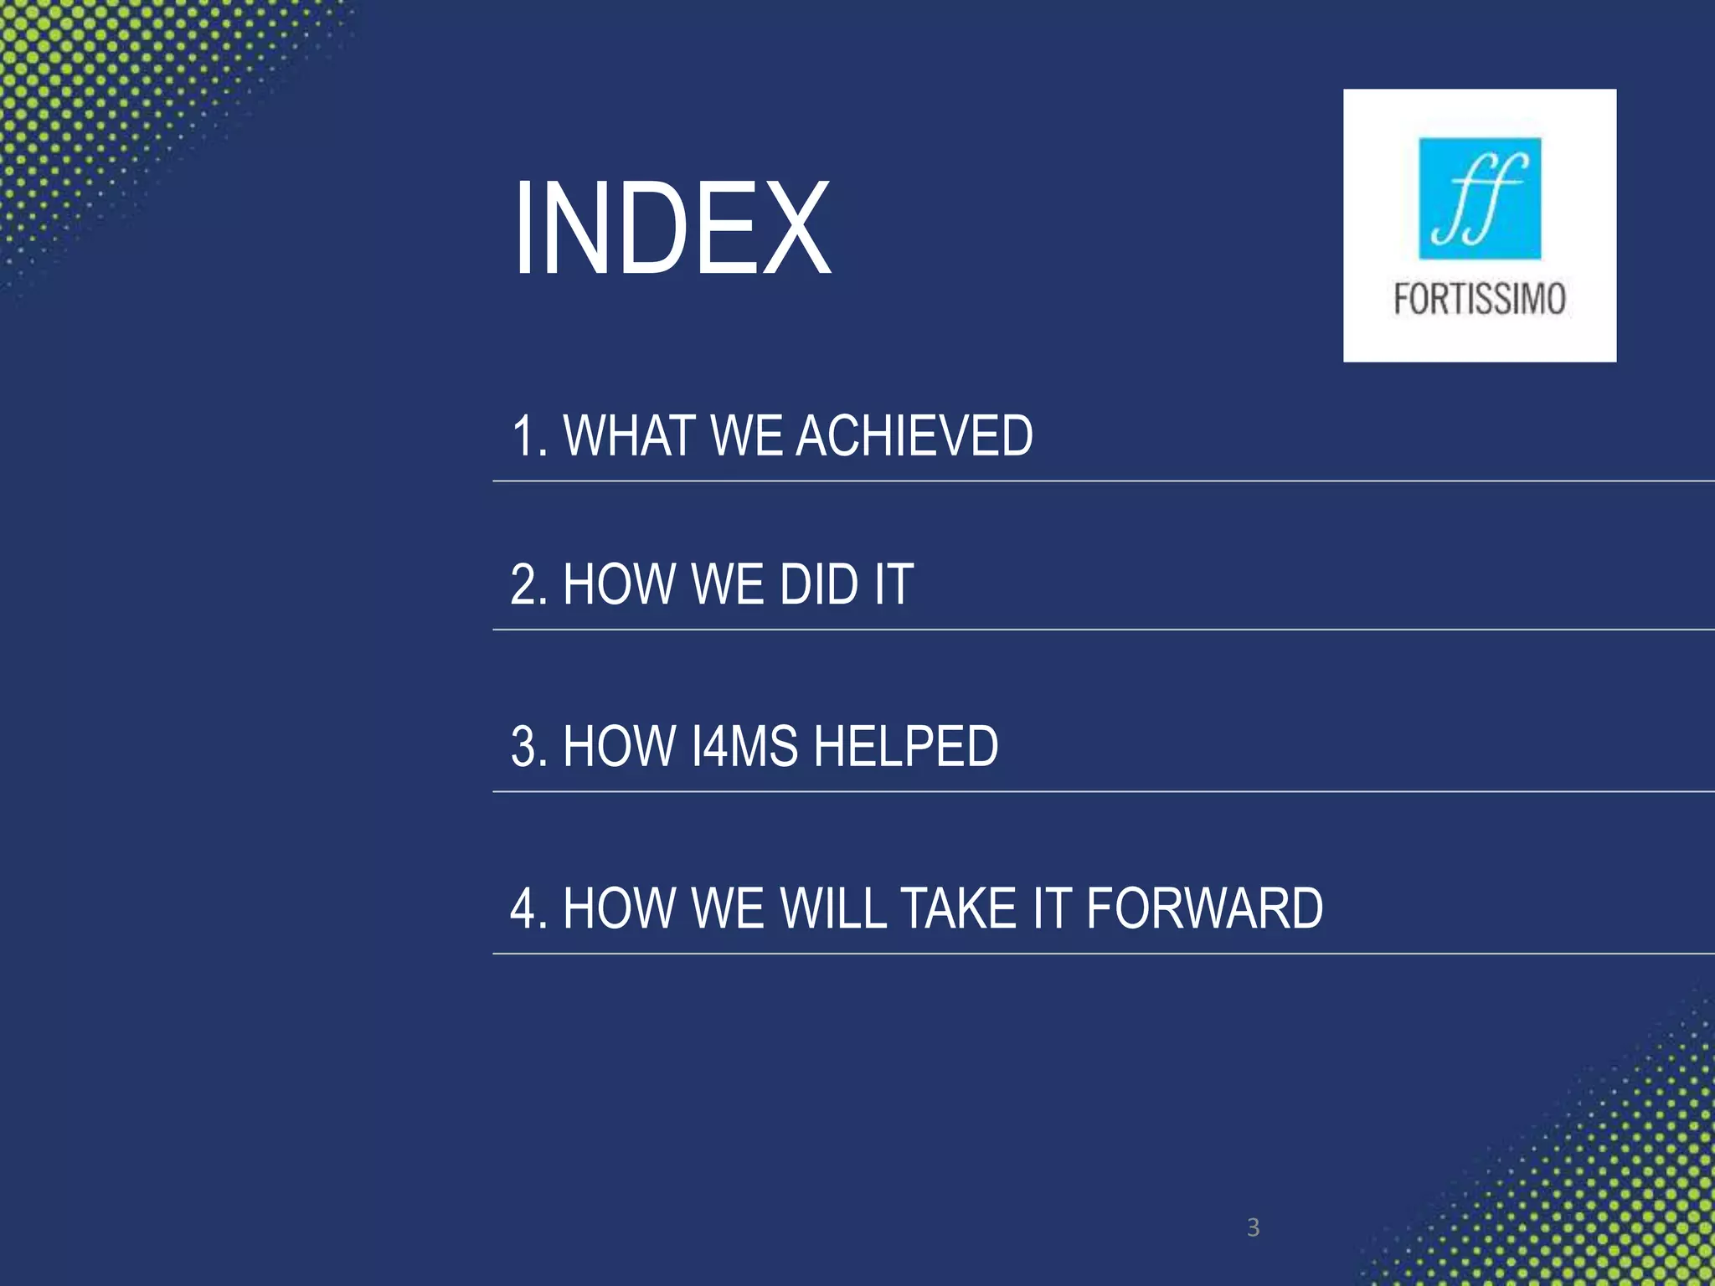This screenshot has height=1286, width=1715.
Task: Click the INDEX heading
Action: (x=672, y=229)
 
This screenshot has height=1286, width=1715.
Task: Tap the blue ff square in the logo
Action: (x=1480, y=198)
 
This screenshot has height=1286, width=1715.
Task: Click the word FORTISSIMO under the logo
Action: (x=1480, y=299)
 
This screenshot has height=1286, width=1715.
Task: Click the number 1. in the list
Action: (x=528, y=436)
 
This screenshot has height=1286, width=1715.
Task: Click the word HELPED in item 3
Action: (x=906, y=746)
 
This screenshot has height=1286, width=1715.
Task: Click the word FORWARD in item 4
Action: (x=1205, y=908)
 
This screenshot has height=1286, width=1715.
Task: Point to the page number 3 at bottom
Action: (x=1253, y=1227)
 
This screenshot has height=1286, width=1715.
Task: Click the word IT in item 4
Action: (x=1052, y=908)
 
